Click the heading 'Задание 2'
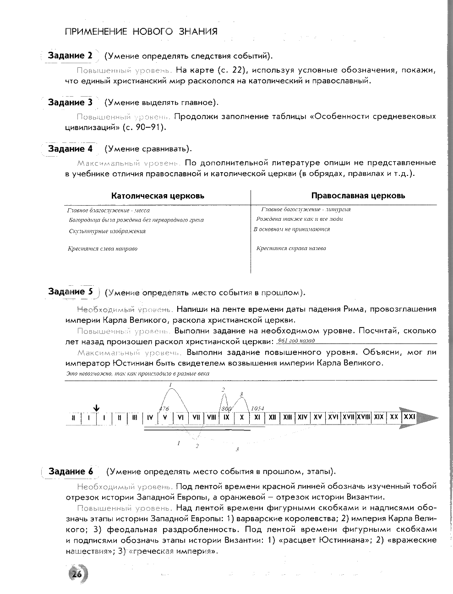click(x=70, y=56)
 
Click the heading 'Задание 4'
click(x=70, y=149)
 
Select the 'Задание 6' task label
click(x=71, y=472)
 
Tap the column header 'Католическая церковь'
click(x=158, y=196)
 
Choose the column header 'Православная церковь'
click(x=358, y=196)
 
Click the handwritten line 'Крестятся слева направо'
click(x=103, y=249)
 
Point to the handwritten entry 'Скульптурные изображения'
click(x=107, y=231)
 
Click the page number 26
click(x=76, y=574)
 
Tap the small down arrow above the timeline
click(x=96, y=408)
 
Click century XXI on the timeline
click(x=409, y=417)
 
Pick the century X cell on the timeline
click(x=241, y=418)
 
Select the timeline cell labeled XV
click(x=317, y=418)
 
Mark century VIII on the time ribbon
click(x=211, y=418)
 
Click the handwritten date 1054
click(x=257, y=408)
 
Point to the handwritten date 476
click(x=164, y=409)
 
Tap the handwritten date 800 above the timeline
click(x=226, y=408)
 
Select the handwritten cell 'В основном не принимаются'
click(x=291, y=229)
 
